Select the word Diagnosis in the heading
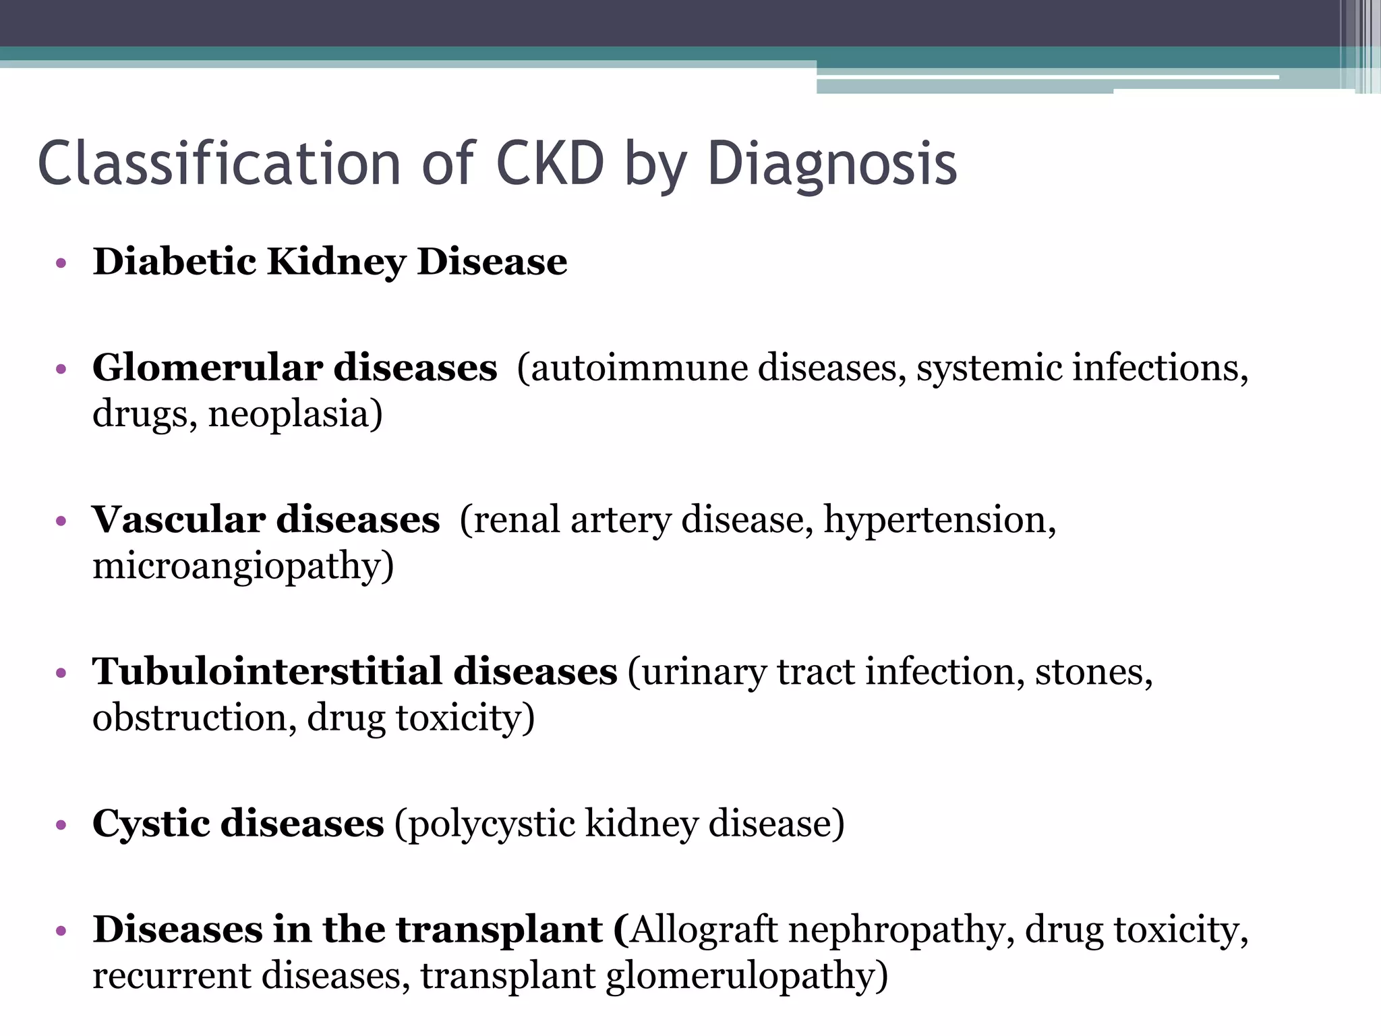point(832,164)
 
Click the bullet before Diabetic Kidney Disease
point(61,263)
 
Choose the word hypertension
point(935,520)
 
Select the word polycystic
point(491,824)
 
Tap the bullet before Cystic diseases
point(61,825)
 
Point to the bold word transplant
point(499,930)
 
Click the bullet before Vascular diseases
point(61,521)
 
